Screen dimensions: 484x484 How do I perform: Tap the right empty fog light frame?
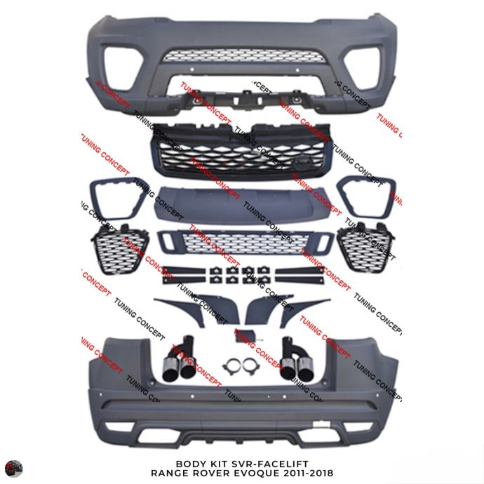coord(365,194)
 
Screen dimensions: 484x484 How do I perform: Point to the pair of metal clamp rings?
coord(238,367)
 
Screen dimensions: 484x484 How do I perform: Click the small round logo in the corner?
coord(13,469)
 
